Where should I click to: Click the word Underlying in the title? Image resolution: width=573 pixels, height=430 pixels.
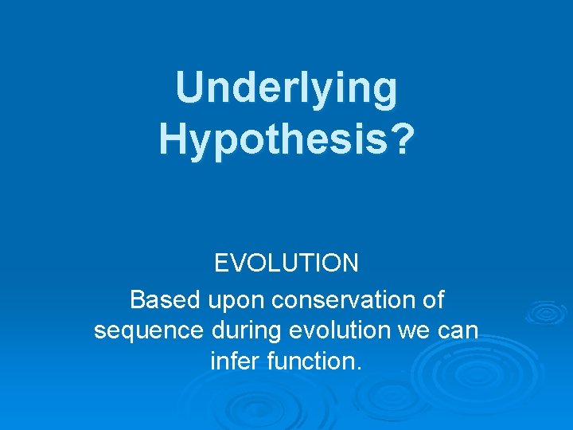click(286, 88)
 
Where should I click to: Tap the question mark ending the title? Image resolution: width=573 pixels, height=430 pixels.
click(403, 138)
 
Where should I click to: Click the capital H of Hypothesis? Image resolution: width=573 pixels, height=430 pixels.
click(173, 138)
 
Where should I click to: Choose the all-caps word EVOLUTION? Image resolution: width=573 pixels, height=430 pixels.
click(286, 263)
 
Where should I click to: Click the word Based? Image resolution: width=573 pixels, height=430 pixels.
click(165, 301)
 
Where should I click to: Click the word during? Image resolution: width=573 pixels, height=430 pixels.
click(236, 330)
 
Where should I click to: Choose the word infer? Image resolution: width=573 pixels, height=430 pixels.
click(232, 362)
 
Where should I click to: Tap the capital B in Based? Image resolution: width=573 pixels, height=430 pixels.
click(137, 301)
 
